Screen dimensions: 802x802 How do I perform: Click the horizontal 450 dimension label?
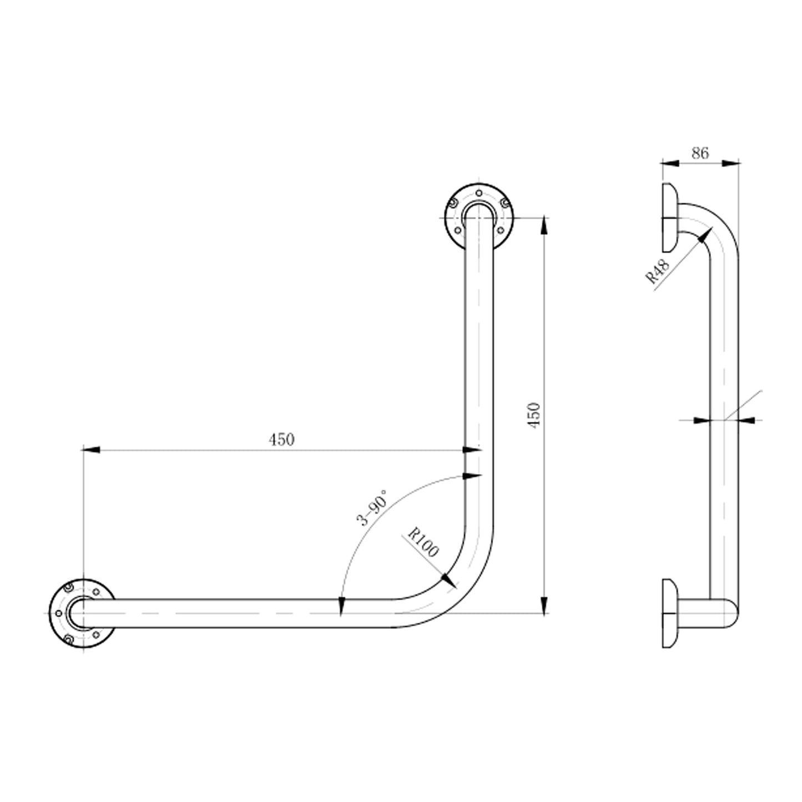(281, 440)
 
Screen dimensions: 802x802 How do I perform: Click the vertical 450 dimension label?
(533, 415)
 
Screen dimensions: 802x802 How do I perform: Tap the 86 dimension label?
(700, 153)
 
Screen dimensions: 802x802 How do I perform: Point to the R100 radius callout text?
(423, 542)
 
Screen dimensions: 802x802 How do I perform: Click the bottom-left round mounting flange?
(82, 614)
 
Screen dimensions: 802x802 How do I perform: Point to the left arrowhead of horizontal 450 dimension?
(90, 450)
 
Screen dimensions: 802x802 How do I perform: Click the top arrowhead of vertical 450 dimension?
(544, 225)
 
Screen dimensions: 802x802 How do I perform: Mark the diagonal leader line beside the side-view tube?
(744, 405)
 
